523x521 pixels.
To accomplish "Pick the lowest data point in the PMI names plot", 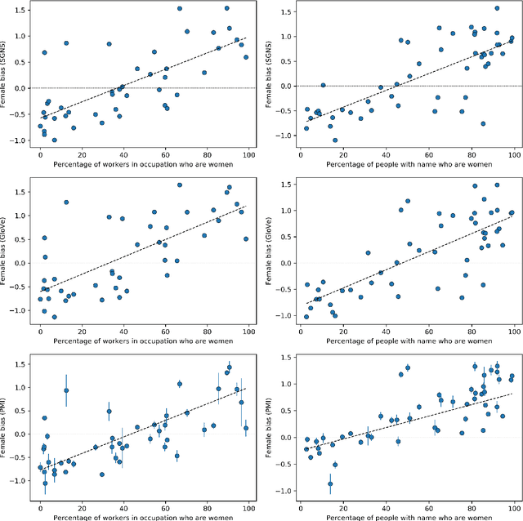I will [330, 483].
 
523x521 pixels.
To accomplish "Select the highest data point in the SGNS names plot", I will [496, 9].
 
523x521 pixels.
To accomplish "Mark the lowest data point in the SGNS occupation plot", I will [55, 140].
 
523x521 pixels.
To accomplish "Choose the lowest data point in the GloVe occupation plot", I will [55, 317].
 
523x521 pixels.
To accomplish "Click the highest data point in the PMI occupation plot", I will [230, 367].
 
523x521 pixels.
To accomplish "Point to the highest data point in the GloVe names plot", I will [474, 185].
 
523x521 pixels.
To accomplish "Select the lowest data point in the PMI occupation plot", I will [45, 483].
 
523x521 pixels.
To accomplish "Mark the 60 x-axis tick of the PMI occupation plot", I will [165, 507].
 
